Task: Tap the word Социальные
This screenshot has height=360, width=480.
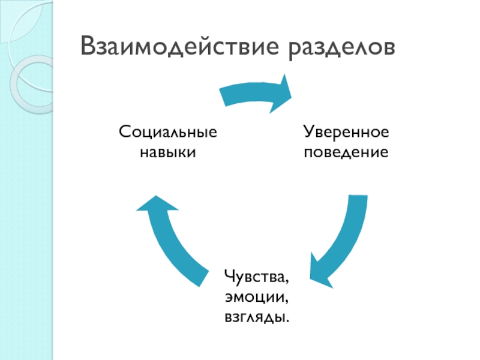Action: click(167, 131)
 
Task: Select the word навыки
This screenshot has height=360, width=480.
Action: click(167, 151)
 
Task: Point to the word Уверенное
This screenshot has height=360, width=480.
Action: click(346, 131)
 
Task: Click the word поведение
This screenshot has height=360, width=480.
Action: click(346, 151)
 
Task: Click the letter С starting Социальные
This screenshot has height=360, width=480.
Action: click(123, 131)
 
